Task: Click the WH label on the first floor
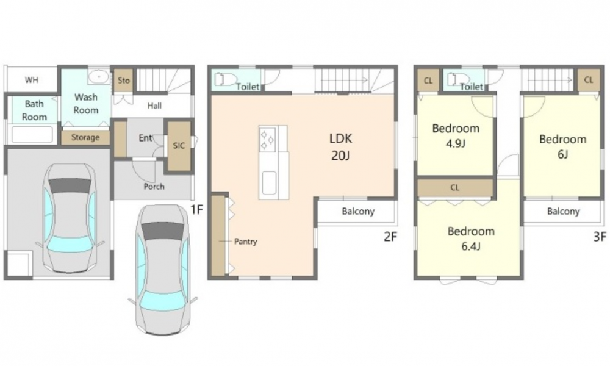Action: [32, 80]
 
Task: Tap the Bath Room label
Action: [34, 110]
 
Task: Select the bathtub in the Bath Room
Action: [32, 135]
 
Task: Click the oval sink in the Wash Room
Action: [99, 77]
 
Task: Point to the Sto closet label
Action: [124, 81]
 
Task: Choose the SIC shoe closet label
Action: [179, 145]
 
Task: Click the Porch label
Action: [154, 187]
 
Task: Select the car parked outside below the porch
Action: [163, 270]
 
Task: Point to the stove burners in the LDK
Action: [268, 140]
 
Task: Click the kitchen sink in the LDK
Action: [269, 184]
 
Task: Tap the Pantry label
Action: [245, 242]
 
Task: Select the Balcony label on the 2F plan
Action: [358, 211]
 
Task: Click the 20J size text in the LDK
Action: [340, 156]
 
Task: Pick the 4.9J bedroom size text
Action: [456, 143]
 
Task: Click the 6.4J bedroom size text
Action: [471, 246]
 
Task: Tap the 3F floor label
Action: [600, 237]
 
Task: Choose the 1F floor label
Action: [197, 210]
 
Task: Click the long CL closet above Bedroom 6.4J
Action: [455, 188]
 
